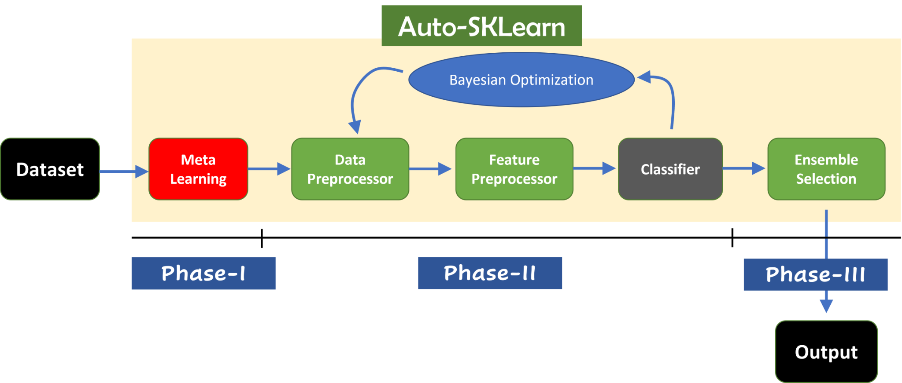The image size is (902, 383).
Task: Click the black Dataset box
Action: coord(50,169)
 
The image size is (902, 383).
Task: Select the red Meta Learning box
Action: coord(198,169)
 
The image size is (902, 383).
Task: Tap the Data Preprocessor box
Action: coord(350,169)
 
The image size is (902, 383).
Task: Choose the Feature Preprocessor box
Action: coord(514,169)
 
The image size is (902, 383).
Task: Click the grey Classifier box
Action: coord(670,169)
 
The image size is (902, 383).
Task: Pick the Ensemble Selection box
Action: coord(826,169)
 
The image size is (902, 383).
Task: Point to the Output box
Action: coord(826,352)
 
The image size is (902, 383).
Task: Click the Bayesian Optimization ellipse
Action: coord(521,80)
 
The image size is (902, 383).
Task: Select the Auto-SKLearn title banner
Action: coord(481,26)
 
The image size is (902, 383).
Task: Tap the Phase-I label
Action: coord(203,274)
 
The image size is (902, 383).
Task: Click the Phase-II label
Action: coord(490,273)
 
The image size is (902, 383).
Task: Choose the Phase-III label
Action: coord(815,274)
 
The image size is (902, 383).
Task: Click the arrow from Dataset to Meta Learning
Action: coord(123,171)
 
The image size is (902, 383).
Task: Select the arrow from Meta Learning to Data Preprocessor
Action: coord(269,169)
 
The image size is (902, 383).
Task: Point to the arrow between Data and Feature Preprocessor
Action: coord(430,169)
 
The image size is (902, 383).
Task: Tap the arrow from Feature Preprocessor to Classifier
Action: coord(594,168)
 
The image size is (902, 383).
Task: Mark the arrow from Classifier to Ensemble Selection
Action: coord(744,168)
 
